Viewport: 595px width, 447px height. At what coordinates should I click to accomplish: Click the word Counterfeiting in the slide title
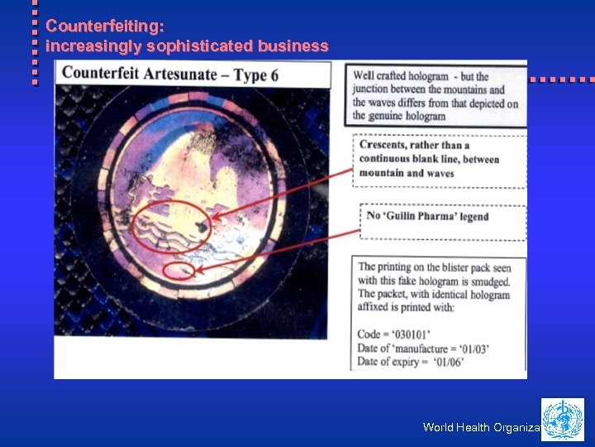(87, 26)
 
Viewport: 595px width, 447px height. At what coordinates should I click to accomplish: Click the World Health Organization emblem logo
(562, 419)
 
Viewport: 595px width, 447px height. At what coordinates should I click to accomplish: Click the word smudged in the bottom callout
(485, 281)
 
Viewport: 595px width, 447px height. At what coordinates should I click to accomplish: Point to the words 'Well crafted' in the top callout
(381, 77)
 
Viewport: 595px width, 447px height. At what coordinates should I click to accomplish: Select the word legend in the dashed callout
(474, 216)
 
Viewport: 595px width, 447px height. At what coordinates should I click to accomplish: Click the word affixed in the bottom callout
(376, 308)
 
